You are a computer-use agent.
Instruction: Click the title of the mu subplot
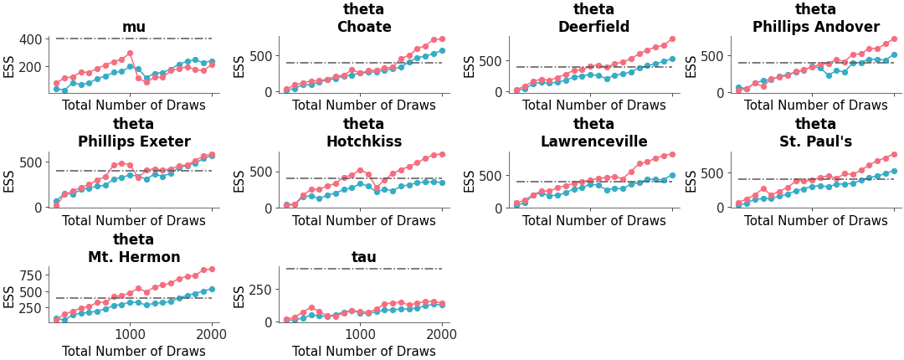click(134, 27)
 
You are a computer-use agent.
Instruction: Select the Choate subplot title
click(364, 27)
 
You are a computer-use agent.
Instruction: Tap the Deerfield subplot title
click(594, 27)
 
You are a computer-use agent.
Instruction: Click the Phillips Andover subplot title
click(816, 27)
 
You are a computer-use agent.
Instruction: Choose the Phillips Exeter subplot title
click(134, 141)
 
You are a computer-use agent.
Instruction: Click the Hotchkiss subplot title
click(364, 141)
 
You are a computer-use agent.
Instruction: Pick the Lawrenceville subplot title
click(594, 141)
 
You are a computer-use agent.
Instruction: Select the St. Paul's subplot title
click(816, 141)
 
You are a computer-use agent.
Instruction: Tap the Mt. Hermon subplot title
click(134, 257)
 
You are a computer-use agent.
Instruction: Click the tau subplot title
click(364, 257)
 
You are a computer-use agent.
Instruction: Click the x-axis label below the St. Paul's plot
click(816, 221)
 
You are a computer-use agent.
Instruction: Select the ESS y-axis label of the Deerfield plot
click(470, 66)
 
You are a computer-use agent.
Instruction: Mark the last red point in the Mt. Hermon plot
click(212, 269)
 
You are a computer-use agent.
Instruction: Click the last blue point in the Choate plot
click(442, 51)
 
